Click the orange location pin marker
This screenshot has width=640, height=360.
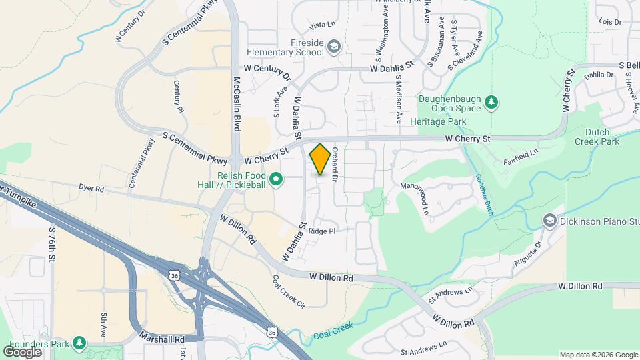coord(320,159)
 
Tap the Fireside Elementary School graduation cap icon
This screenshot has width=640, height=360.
coord(333,46)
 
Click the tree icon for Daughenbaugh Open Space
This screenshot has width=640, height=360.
coord(491,101)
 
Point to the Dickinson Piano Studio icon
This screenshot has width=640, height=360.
coord(549,220)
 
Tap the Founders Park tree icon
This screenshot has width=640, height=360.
coord(79,343)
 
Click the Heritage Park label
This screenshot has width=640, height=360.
coord(438,121)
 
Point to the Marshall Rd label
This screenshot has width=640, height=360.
coord(162,339)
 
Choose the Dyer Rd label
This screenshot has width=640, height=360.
coord(91,189)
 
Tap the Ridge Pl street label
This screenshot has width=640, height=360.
coord(321,231)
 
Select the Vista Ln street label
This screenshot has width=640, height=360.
coord(321,25)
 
